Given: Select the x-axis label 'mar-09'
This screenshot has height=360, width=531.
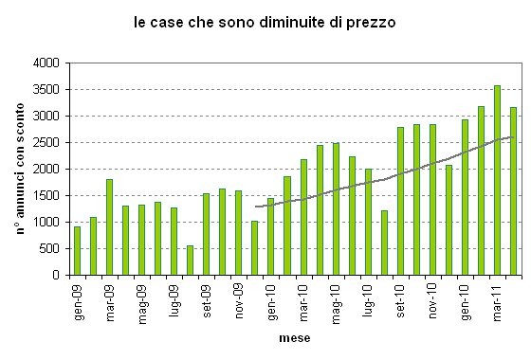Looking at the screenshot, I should click(x=110, y=297).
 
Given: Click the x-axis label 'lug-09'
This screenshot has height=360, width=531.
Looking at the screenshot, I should click(x=174, y=296).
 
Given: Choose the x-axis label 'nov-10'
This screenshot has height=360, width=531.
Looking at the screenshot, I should click(x=432, y=297).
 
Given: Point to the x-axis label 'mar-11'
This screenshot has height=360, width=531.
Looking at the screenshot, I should click(x=498, y=297).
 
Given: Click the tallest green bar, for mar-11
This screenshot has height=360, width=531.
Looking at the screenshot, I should click(x=497, y=180).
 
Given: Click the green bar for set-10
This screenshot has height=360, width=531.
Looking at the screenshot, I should click(x=400, y=201).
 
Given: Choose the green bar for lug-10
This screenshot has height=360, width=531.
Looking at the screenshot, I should click(x=368, y=222).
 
